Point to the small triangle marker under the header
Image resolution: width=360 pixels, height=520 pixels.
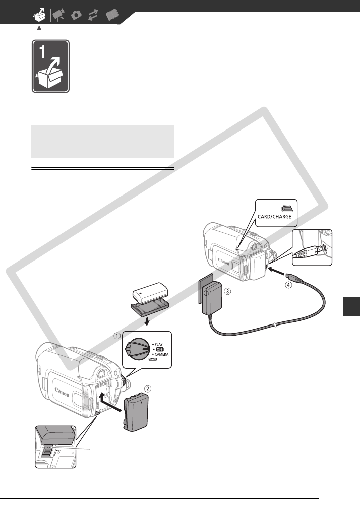(x=39, y=27)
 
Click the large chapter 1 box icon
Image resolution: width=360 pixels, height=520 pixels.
(x=50, y=67)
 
